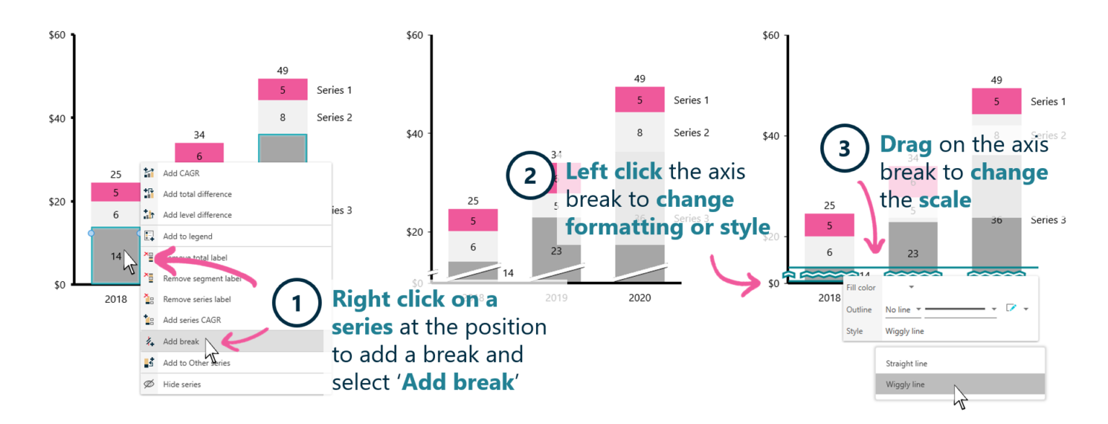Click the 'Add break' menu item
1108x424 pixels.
click(x=180, y=342)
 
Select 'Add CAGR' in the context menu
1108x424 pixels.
click(x=181, y=173)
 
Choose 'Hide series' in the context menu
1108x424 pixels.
click(x=182, y=384)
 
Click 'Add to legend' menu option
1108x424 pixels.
click(x=187, y=237)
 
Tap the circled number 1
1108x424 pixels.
click(x=295, y=304)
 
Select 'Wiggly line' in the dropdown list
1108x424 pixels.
click(x=905, y=384)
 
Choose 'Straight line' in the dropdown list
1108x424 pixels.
click(x=906, y=364)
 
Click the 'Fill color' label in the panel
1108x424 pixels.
click(x=861, y=288)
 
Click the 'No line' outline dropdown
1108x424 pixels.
click(x=902, y=309)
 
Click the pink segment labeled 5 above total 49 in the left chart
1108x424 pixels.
click(x=283, y=90)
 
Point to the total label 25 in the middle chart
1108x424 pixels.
click(x=472, y=201)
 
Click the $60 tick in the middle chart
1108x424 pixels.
click(x=415, y=35)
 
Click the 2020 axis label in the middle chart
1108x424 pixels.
click(x=639, y=298)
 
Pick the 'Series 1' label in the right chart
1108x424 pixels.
click(x=1048, y=102)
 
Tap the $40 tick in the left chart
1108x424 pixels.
click(x=58, y=118)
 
